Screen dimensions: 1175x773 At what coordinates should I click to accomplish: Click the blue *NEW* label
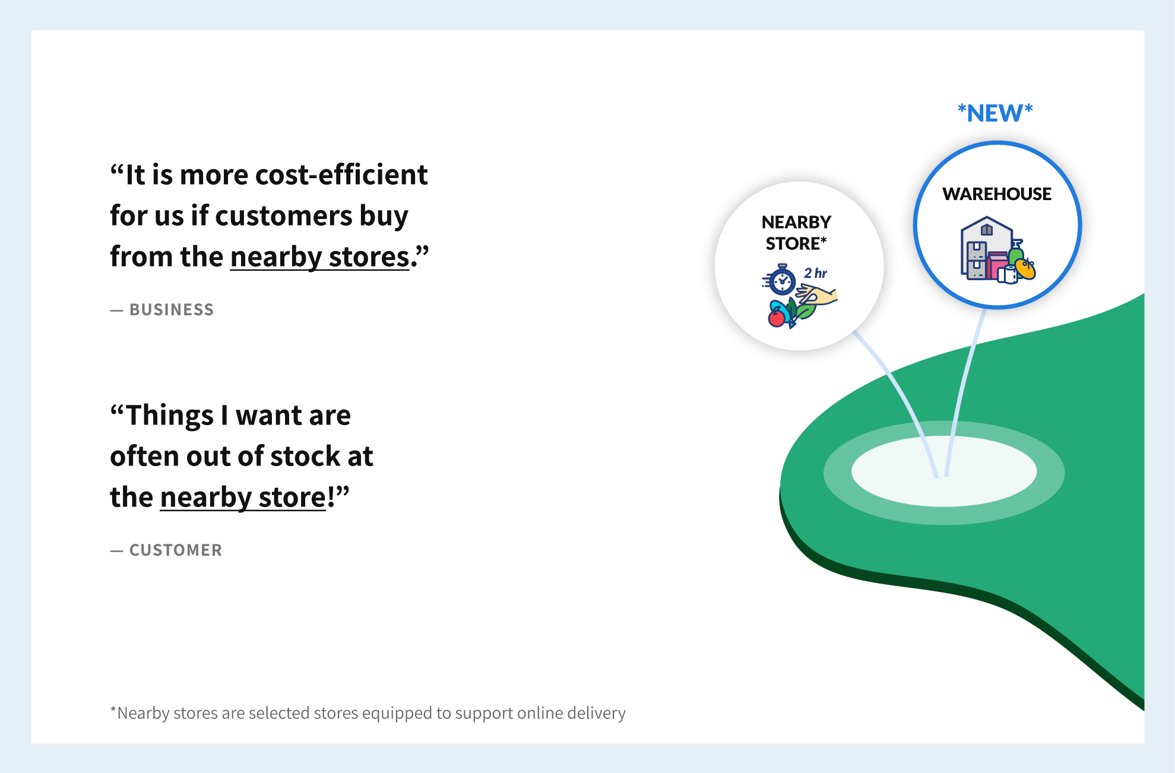pos(995,113)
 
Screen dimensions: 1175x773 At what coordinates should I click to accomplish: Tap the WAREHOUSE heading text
pos(997,194)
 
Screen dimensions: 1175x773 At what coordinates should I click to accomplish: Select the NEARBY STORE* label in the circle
pos(796,233)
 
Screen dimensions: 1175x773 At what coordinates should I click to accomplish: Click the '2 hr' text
pos(815,273)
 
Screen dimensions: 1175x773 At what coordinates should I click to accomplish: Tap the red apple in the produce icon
pos(777,318)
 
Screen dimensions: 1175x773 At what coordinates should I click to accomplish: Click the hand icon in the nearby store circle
pos(816,294)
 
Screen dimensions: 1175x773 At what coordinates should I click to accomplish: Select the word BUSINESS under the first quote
pos(172,310)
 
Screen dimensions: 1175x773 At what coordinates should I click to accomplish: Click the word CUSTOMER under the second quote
pos(176,550)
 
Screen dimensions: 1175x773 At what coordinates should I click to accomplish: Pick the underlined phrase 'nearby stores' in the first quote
pos(319,258)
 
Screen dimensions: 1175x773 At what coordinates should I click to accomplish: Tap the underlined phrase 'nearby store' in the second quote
pos(243,498)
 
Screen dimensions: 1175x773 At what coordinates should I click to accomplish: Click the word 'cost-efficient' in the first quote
pos(341,175)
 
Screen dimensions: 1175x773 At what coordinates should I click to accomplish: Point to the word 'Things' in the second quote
pos(170,416)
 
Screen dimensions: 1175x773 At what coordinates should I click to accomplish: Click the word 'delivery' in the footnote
pos(596,713)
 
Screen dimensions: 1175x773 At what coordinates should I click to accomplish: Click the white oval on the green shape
pos(944,471)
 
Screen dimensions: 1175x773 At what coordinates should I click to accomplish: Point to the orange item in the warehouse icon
pos(1025,269)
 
